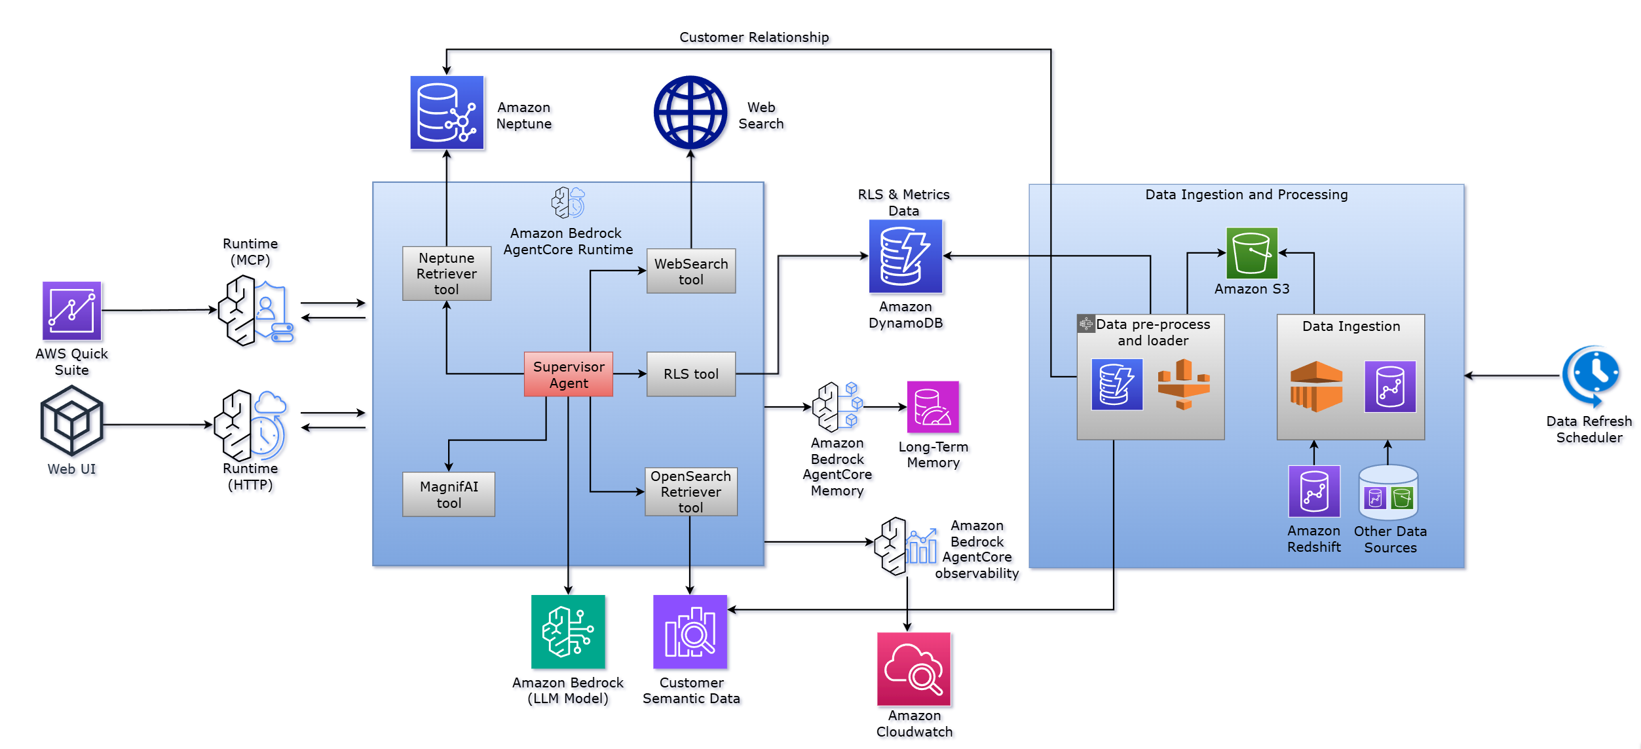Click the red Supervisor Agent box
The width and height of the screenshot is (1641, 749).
568,374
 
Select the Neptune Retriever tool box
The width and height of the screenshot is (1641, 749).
446,273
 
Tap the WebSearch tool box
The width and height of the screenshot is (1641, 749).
690,271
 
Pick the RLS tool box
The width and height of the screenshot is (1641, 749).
690,374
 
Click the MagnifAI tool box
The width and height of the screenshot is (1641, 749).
448,494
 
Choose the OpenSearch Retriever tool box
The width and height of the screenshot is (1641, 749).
690,491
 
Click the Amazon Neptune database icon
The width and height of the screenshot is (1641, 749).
447,113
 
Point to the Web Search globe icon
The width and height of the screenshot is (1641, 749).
690,113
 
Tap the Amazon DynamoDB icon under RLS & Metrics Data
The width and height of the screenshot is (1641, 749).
905,256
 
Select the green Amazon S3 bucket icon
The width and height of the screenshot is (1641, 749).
1251,253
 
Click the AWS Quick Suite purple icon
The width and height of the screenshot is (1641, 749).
71,311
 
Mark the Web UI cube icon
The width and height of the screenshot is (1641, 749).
71,421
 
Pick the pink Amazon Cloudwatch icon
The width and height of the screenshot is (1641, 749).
913,668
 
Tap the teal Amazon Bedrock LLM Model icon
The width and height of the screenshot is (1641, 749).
568,632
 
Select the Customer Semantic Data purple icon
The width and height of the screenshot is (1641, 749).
690,632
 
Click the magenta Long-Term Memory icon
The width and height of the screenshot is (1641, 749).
932,407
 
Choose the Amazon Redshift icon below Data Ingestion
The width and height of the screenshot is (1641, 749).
1313,491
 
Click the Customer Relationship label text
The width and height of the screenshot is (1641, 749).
753,37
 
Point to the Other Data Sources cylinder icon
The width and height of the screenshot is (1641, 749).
1388,493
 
